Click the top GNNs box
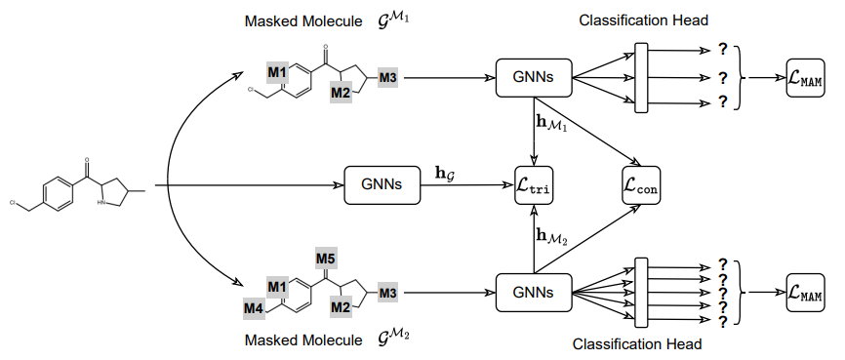point(534,77)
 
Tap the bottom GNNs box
point(534,292)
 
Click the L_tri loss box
point(534,184)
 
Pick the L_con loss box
point(640,184)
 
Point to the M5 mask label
point(326,259)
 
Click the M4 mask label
point(254,308)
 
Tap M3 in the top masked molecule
point(387,76)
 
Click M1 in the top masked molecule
point(277,73)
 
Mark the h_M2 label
point(551,236)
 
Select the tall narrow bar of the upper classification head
point(641,77)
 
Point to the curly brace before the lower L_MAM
point(748,292)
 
